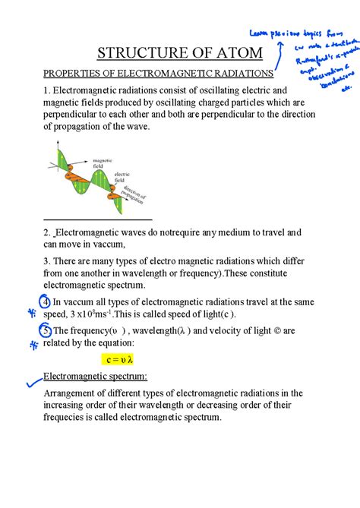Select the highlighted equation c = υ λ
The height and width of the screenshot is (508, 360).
coord(121,358)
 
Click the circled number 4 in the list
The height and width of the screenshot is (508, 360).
coord(46,298)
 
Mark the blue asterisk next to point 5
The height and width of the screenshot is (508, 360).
coord(33,344)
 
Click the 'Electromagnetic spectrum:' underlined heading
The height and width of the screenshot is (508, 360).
coord(95,377)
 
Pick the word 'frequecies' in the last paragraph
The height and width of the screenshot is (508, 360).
coord(69,416)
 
